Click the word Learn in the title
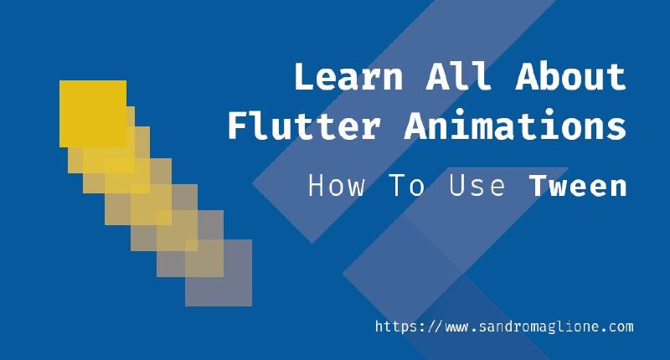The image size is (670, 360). (x=348, y=76)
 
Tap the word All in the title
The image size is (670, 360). (x=458, y=76)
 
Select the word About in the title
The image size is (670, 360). (x=571, y=76)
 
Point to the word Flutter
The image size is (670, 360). (x=304, y=125)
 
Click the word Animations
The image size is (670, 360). (x=515, y=125)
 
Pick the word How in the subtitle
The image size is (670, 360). (x=337, y=186)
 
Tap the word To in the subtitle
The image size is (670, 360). (x=407, y=186)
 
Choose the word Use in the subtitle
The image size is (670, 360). (x=477, y=186)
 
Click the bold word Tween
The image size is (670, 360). (x=578, y=186)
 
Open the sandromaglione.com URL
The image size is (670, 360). (x=504, y=327)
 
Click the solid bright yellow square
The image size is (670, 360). (x=93, y=114)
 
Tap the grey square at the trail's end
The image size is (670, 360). (x=219, y=272)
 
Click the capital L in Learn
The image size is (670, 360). (x=305, y=76)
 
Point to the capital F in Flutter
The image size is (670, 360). (x=238, y=125)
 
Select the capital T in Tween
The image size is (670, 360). (x=539, y=185)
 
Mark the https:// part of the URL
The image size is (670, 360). (x=407, y=327)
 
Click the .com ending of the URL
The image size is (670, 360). (x=617, y=327)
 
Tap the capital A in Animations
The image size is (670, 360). (x=416, y=125)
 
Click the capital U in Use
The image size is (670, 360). (x=457, y=185)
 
